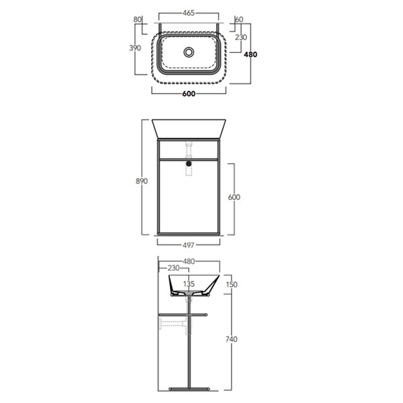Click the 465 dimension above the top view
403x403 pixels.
189,13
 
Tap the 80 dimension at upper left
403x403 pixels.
138,19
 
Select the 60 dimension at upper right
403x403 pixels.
239,19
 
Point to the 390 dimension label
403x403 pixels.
135,48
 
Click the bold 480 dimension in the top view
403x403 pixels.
251,54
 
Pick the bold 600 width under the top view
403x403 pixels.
189,94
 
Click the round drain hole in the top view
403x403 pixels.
189,52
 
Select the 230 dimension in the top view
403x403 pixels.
241,37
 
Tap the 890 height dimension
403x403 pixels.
142,181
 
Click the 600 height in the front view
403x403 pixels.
234,197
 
